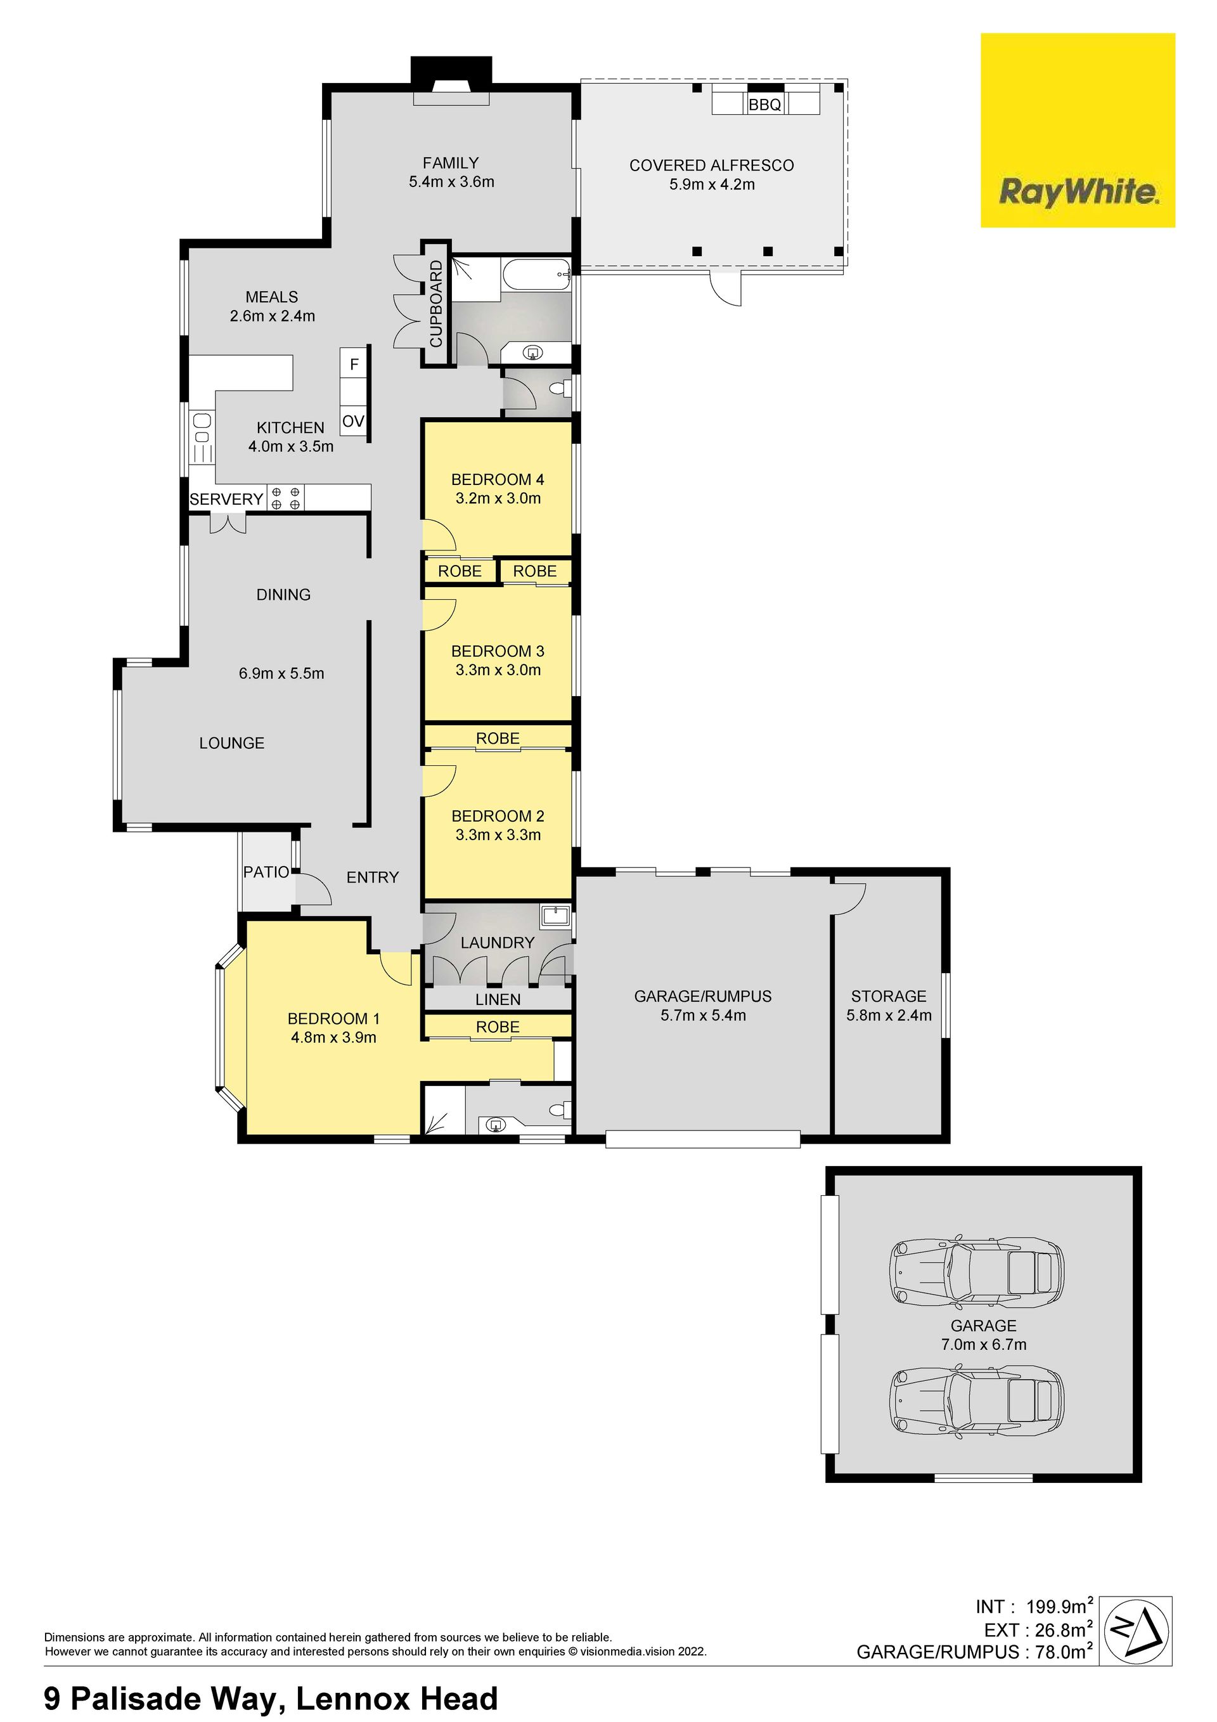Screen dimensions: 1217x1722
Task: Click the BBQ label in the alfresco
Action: [765, 105]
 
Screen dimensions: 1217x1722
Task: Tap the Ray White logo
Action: [1078, 131]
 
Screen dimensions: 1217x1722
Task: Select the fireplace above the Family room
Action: [451, 79]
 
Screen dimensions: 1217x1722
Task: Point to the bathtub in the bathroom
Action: [536, 275]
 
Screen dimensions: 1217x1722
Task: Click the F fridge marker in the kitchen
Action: [354, 365]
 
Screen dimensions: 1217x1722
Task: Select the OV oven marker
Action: [353, 422]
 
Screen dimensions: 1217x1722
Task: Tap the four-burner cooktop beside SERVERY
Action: [287, 499]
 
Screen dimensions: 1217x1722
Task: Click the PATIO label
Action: [266, 872]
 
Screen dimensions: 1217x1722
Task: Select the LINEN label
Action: [498, 1000]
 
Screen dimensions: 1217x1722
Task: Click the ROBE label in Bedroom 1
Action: [498, 1026]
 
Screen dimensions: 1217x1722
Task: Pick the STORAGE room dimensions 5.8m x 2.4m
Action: [889, 1016]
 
